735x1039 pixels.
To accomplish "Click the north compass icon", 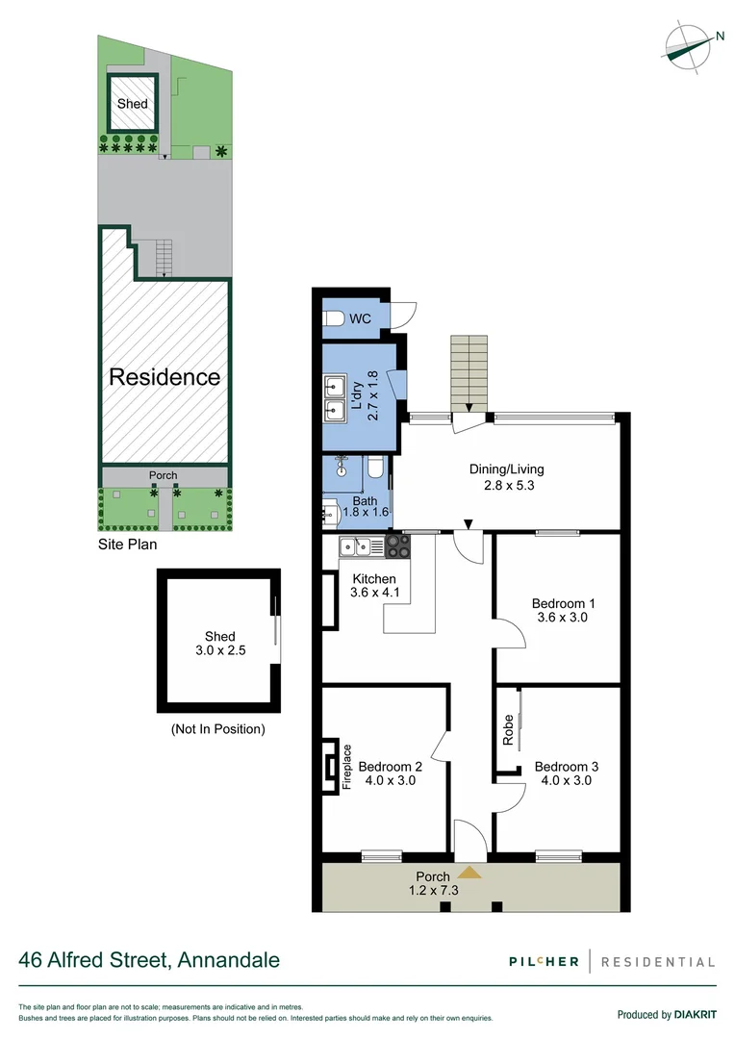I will pyautogui.click(x=690, y=44).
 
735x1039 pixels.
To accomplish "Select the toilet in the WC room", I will pyautogui.click(x=333, y=317).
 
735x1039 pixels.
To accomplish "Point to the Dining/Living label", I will pyautogui.click(x=506, y=469).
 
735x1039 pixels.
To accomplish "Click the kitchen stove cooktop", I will pyautogui.click(x=397, y=546).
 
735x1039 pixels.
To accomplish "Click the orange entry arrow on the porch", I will pyautogui.click(x=469, y=873).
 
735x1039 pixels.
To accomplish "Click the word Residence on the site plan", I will pyautogui.click(x=165, y=376).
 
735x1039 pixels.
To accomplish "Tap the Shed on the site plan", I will pyautogui.click(x=132, y=104).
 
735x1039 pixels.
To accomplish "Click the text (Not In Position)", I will pyautogui.click(x=217, y=728).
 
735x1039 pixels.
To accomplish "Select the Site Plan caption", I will pyautogui.click(x=128, y=544).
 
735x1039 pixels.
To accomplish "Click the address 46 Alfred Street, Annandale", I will pyautogui.click(x=150, y=959).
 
